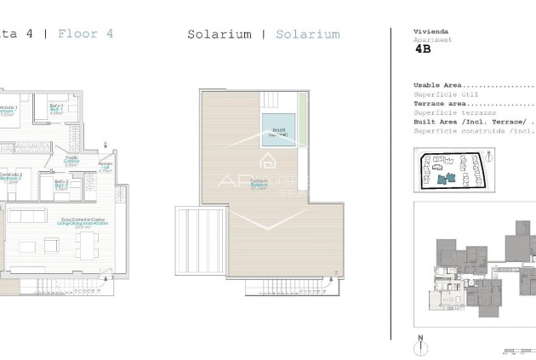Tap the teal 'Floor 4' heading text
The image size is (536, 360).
coord(85,35)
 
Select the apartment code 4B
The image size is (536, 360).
coord(423,50)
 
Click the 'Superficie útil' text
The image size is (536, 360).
coord(442,94)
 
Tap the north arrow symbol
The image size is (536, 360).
coord(420,346)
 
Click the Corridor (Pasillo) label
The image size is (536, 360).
coord(71,159)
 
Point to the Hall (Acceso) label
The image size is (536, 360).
coord(105,168)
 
